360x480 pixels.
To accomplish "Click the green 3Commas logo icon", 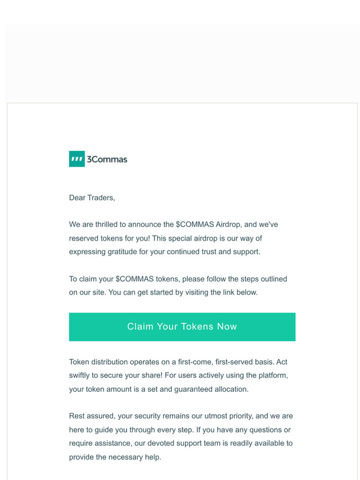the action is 76,159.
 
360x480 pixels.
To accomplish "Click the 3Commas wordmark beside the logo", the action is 107,159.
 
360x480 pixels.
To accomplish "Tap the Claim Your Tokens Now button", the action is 182,327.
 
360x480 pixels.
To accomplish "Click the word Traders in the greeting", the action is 102,198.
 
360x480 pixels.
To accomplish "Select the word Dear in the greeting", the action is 78,198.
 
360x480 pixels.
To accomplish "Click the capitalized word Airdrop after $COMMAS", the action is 228,224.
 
